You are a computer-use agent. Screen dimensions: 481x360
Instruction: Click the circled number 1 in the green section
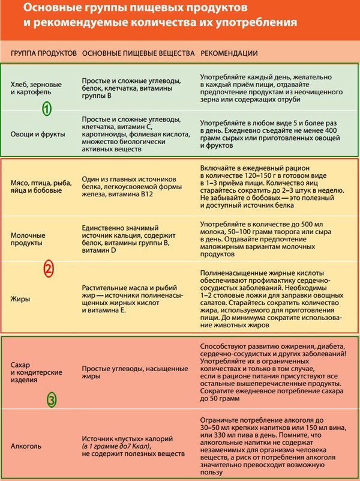point(47,109)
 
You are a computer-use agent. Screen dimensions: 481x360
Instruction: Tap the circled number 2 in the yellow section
point(49,270)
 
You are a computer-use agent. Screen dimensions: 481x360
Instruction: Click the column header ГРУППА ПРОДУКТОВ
point(44,53)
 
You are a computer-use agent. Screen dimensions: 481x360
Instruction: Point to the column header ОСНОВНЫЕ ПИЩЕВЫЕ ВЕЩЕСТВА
point(138,53)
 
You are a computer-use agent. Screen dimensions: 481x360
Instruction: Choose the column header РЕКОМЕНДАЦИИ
point(229,53)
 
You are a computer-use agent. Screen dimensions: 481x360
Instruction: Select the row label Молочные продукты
point(29,240)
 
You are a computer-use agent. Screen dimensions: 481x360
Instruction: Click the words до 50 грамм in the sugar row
point(219,398)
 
